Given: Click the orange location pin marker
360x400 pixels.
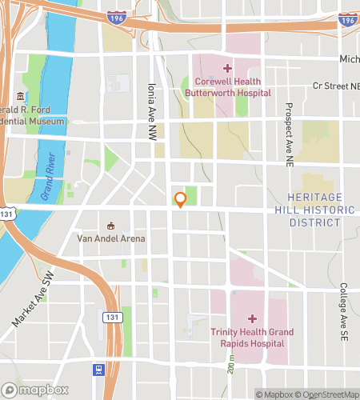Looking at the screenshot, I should [181, 199].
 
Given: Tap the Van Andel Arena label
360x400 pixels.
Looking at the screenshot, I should [111, 238].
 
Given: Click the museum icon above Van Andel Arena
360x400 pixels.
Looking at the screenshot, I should [111, 225].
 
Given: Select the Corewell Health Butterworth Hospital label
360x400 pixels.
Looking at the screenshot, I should [228, 88].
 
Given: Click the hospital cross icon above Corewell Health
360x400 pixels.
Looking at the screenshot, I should [227, 69].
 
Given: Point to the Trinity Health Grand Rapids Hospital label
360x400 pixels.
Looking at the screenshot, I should [252, 338].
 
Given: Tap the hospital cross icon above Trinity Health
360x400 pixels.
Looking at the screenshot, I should [251, 318].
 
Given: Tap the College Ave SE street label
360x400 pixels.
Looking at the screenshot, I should [343, 313].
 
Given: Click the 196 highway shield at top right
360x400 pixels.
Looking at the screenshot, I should [347, 19].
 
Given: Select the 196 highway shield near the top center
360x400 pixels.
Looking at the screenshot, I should [115, 17].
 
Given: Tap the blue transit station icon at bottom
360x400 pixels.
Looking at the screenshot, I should [98, 370].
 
